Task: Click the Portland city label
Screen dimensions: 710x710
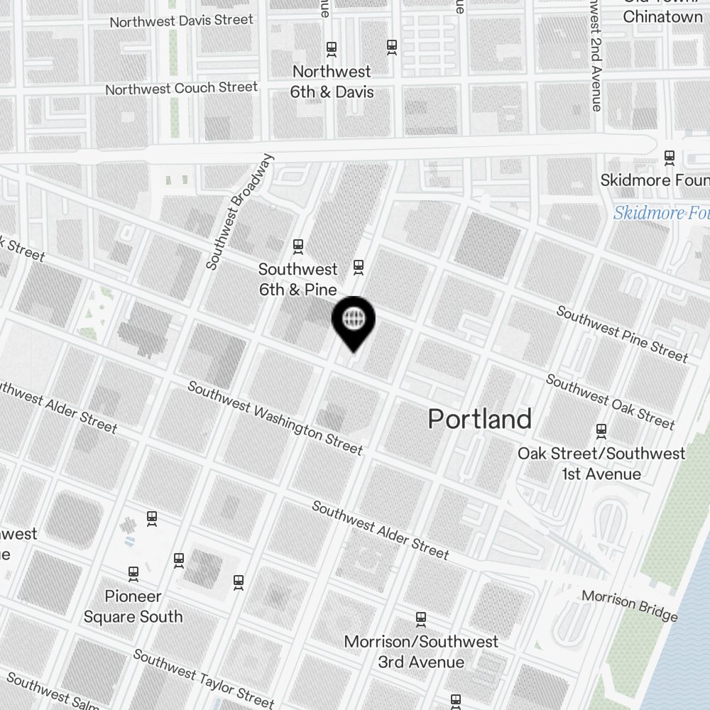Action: click(479, 419)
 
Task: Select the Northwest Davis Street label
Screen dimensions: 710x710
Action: click(181, 21)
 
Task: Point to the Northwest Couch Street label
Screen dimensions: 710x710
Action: click(181, 89)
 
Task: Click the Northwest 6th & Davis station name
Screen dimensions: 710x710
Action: click(332, 82)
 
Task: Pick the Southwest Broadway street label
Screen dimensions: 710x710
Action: click(239, 211)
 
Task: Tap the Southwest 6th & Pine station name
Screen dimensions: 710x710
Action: click(298, 279)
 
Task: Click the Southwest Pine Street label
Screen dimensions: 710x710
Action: click(622, 334)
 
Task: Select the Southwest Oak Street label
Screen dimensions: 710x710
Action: click(610, 401)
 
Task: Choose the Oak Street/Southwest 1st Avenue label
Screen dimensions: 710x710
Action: click(601, 464)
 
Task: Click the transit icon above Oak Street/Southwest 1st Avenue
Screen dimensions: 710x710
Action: click(601, 430)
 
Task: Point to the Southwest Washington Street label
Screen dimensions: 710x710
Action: click(275, 418)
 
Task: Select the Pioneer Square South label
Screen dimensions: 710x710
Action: click(133, 606)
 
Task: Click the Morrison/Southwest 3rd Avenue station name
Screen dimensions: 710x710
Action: click(421, 652)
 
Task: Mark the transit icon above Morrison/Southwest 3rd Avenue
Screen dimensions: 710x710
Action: click(421, 619)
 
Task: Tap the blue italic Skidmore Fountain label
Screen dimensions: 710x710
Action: click(661, 213)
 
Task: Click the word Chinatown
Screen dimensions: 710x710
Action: click(662, 17)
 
